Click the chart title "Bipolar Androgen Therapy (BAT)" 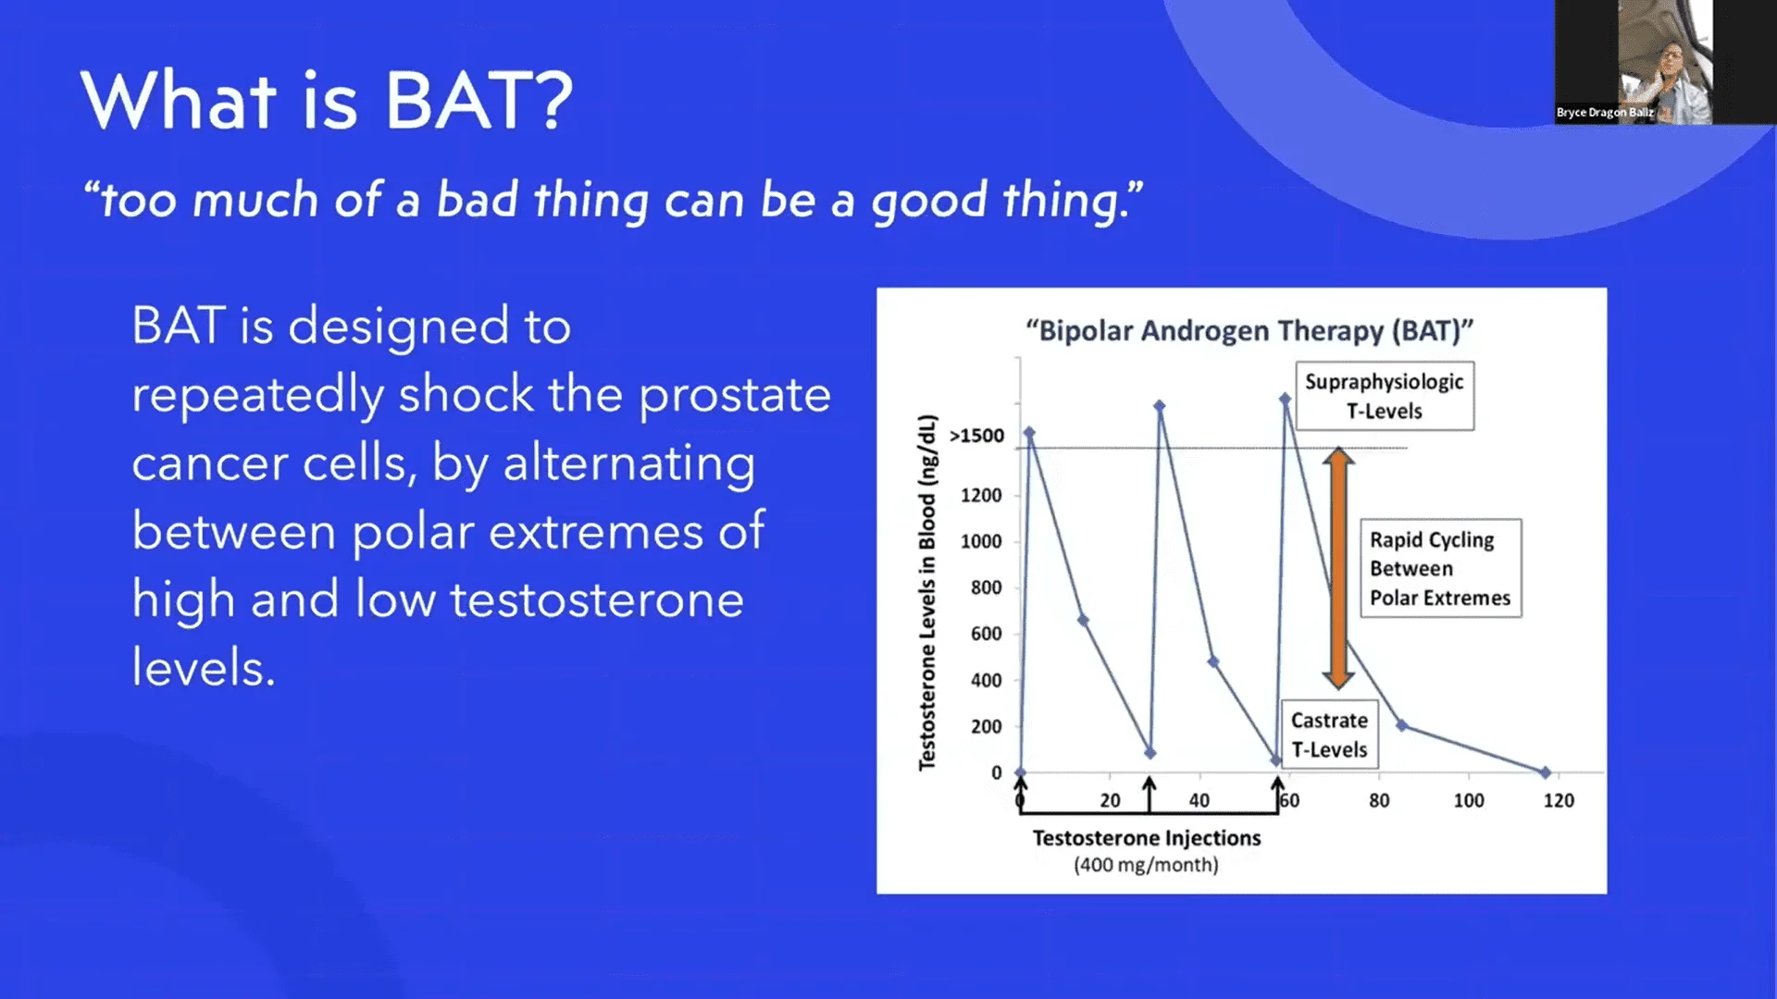tap(1249, 330)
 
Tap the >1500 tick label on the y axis tap(977, 436)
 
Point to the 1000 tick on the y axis tap(981, 541)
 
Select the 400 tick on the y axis tap(986, 680)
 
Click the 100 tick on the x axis tap(1468, 800)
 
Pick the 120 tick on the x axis tap(1558, 800)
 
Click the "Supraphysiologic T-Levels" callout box tap(1384, 396)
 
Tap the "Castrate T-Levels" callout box tap(1329, 734)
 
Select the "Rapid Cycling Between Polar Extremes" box tap(1439, 568)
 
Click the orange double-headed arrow tap(1338, 568)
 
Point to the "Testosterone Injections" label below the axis tap(1146, 838)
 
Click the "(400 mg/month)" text tap(1146, 865)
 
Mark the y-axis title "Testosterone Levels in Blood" tap(927, 592)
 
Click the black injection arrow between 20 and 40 tap(1149, 794)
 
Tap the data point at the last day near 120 tap(1545, 771)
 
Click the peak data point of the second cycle tap(1159, 405)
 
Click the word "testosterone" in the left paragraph tap(597, 599)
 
